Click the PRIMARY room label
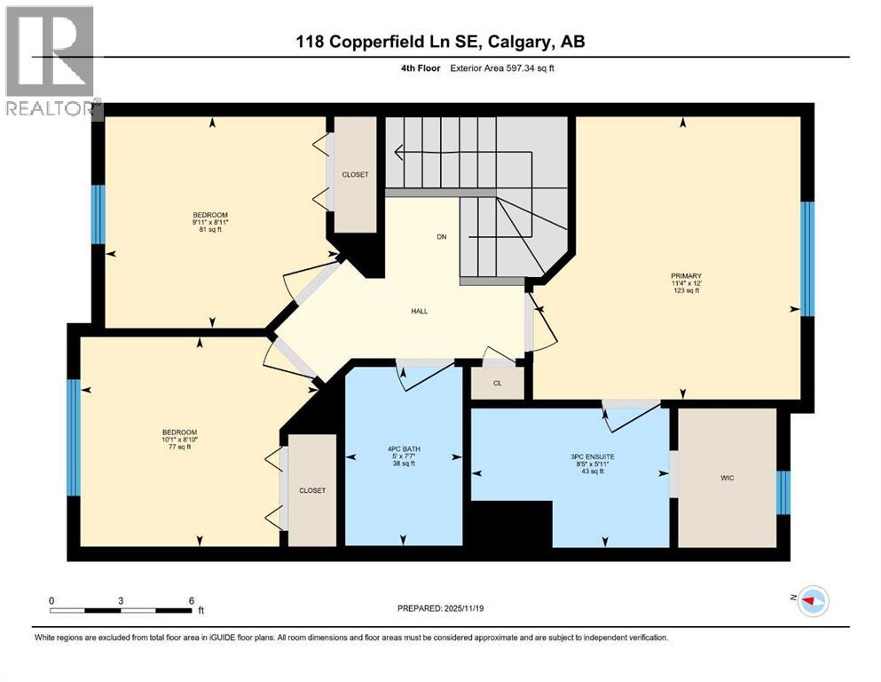tap(685, 275)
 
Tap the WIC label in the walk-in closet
tap(728, 478)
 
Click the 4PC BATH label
tap(405, 449)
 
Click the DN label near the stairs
tap(441, 237)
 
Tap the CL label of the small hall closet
tap(498, 384)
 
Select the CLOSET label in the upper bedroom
tap(354, 175)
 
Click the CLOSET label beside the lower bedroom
tap(311, 490)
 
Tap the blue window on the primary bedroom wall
tap(807, 258)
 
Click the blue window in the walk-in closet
tap(783, 493)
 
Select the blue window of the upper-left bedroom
tap(98, 214)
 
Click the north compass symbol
tap(812, 601)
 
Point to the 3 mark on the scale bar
tap(120, 599)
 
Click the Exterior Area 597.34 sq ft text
tap(504, 68)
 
